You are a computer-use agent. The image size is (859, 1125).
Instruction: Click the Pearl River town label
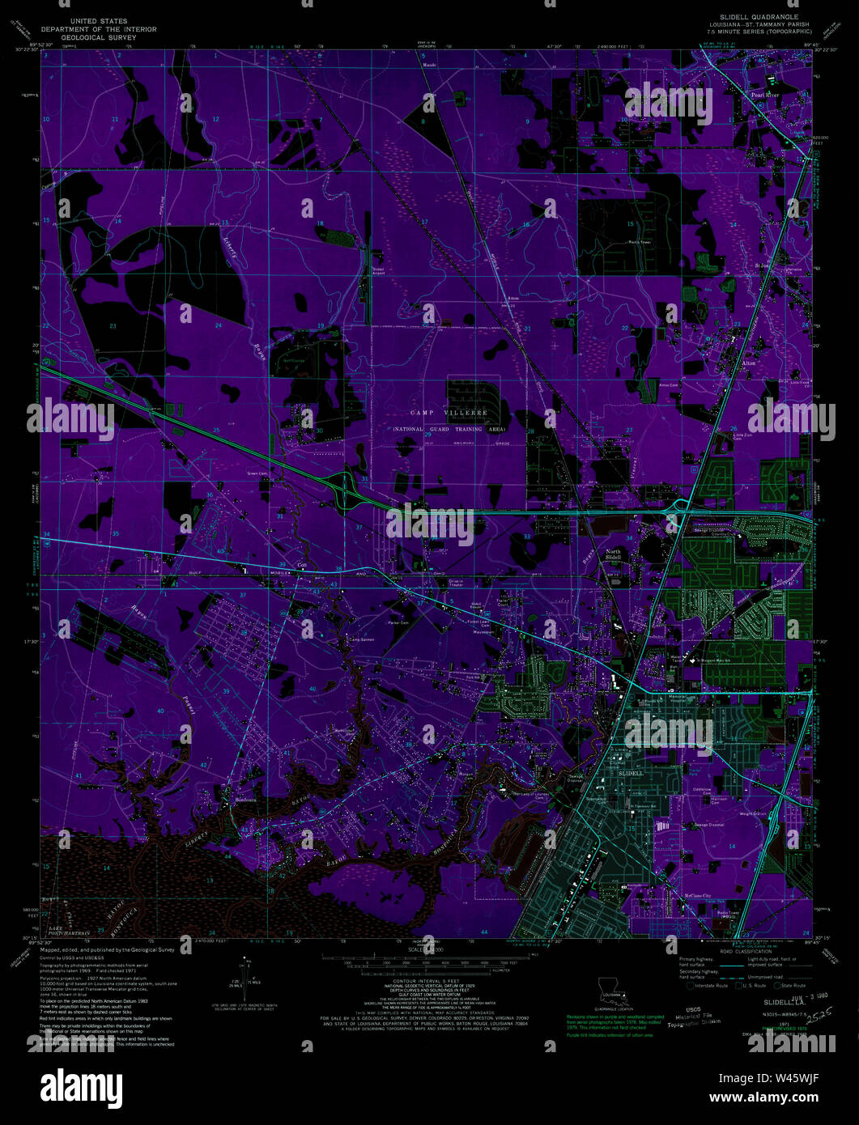[764, 95]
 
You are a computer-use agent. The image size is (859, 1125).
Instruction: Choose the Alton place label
[748, 363]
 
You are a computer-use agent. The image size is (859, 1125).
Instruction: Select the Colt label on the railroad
[302, 564]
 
